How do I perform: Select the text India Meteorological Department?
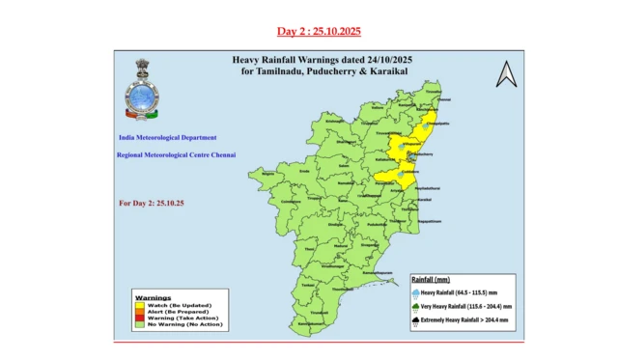coord(166,138)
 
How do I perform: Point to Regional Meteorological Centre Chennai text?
coord(176,154)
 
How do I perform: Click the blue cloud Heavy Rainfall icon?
coord(415,290)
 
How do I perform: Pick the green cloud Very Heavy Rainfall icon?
coord(415,306)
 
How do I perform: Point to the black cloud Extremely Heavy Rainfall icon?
coord(415,323)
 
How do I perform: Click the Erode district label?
coord(305,171)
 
